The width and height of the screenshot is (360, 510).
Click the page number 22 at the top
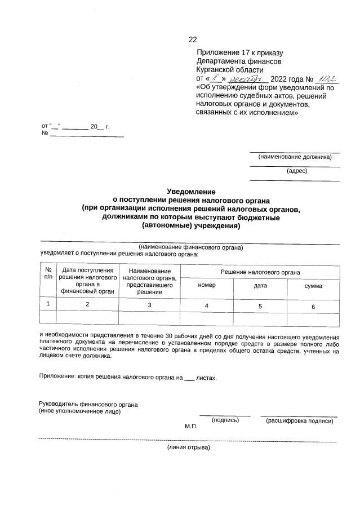193,39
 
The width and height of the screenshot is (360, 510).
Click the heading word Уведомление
191,192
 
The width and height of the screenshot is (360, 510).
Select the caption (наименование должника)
295,157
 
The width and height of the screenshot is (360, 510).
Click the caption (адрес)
296,171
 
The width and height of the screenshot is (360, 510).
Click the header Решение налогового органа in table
260,272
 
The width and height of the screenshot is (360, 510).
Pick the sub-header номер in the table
207,286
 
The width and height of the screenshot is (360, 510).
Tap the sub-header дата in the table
260,286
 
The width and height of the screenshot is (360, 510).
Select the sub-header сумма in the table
313,286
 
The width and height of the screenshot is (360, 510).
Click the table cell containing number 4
207,305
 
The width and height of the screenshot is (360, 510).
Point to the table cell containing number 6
313,306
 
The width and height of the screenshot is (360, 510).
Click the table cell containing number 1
48,304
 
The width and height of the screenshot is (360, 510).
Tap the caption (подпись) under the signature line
225,420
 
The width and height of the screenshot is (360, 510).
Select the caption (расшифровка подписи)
299,421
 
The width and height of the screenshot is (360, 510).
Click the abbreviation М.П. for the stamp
191,427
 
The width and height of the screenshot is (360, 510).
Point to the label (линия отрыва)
188,447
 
